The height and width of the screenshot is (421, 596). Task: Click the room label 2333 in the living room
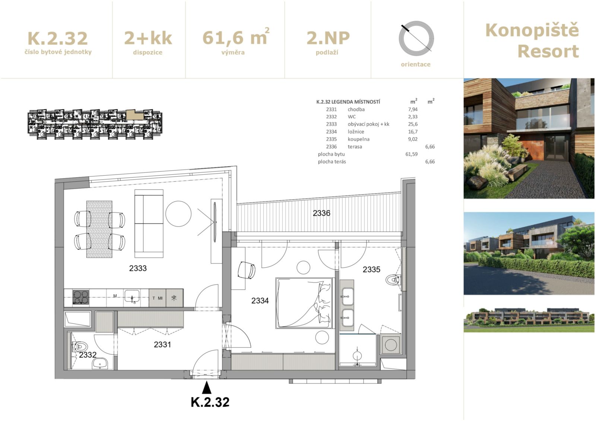click(138, 268)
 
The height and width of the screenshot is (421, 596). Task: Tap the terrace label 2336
click(321, 213)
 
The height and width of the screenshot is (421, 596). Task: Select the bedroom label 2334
click(260, 300)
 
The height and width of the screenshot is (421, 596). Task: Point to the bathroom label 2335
click(371, 269)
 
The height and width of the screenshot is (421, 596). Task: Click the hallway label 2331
click(162, 344)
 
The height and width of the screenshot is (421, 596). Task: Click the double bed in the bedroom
click(304, 303)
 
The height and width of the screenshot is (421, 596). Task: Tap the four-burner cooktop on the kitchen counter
click(81, 297)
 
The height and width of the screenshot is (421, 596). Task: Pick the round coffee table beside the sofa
click(178, 214)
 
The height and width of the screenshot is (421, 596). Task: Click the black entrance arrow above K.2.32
click(206, 387)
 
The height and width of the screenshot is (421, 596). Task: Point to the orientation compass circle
click(416, 38)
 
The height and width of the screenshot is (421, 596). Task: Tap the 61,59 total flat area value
click(411, 154)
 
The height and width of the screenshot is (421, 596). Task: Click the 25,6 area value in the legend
click(413, 124)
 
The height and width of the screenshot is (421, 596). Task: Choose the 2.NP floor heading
click(328, 38)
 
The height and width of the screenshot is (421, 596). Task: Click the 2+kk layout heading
click(148, 38)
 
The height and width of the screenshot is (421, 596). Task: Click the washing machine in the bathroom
click(391, 345)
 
